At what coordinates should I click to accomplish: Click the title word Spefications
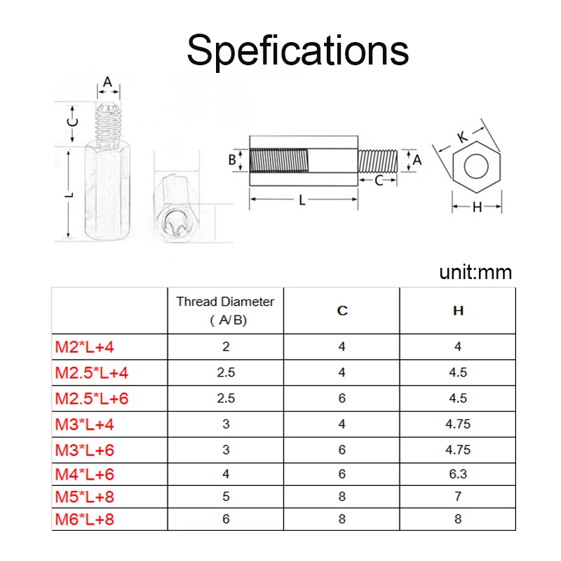(x=297, y=50)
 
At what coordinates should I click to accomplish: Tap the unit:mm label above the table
(x=475, y=272)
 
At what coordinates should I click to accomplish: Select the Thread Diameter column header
(x=225, y=310)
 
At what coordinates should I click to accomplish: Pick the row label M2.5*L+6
(x=92, y=398)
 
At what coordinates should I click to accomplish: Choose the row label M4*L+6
(x=85, y=474)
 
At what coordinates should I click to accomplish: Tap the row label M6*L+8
(x=85, y=520)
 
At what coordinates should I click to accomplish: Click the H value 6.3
(x=458, y=474)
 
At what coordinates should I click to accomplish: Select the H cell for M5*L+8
(x=458, y=497)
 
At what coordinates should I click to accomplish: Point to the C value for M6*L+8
(x=342, y=520)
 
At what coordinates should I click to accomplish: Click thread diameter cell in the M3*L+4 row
(x=226, y=424)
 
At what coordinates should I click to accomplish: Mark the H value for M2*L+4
(x=458, y=346)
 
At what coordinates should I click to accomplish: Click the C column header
(x=342, y=310)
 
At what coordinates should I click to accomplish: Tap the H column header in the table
(x=458, y=310)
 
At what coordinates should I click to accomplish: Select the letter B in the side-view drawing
(x=232, y=159)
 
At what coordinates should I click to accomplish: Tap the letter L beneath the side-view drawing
(x=302, y=201)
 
